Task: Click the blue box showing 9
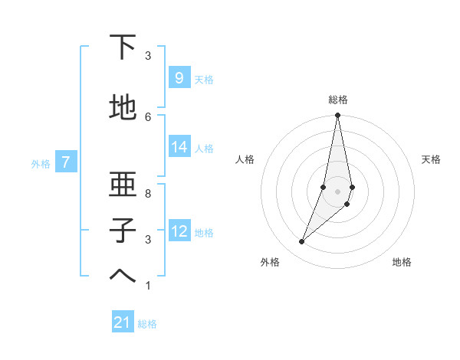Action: click(x=179, y=78)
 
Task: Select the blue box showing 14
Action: click(x=179, y=147)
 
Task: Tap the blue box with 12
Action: click(x=179, y=231)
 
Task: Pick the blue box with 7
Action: click(x=67, y=162)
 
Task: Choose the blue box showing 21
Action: click(x=123, y=323)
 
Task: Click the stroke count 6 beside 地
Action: click(x=148, y=116)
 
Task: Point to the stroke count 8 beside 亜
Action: click(x=148, y=193)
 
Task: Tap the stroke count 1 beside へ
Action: click(x=148, y=286)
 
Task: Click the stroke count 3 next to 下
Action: click(x=148, y=56)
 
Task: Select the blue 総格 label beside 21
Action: click(x=147, y=324)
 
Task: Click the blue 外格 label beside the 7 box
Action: click(x=41, y=163)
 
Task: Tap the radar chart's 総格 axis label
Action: click(x=337, y=100)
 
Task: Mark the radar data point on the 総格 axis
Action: click(x=337, y=116)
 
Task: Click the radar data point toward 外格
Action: click(x=301, y=242)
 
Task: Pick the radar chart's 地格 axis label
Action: click(x=402, y=262)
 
